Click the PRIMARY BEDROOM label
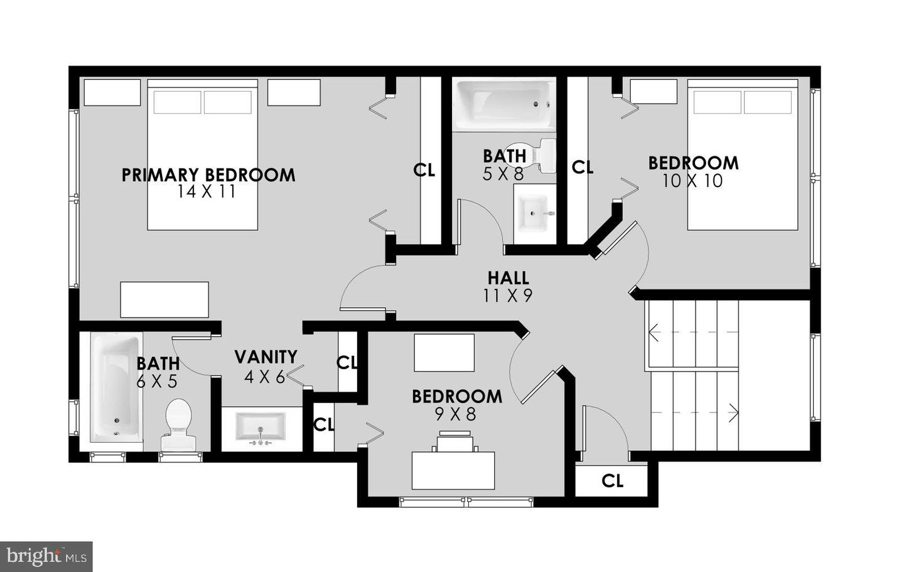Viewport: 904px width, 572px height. click(208, 175)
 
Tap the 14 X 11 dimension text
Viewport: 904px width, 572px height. click(207, 192)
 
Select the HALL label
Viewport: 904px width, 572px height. click(508, 278)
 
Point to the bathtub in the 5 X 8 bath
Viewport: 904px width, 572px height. click(503, 103)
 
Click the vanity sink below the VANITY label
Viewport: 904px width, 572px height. click(261, 427)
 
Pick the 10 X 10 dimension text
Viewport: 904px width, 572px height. click(692, 181)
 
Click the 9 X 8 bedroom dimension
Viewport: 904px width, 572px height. click(456, 414)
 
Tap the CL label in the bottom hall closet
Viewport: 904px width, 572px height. click(612, 481)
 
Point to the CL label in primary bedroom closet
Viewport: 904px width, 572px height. click(424, 170)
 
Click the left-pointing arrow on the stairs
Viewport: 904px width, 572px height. click(654, 332)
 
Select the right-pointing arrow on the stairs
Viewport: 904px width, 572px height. click(732, 413)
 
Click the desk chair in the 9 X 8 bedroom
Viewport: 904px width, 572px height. click(455, 441)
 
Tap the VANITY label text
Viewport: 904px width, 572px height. click(266, 357)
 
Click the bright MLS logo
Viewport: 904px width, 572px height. click(46, 556)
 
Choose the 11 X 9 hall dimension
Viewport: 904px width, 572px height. click(508, 296)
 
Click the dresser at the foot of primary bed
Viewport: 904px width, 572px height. click(164, 299)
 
